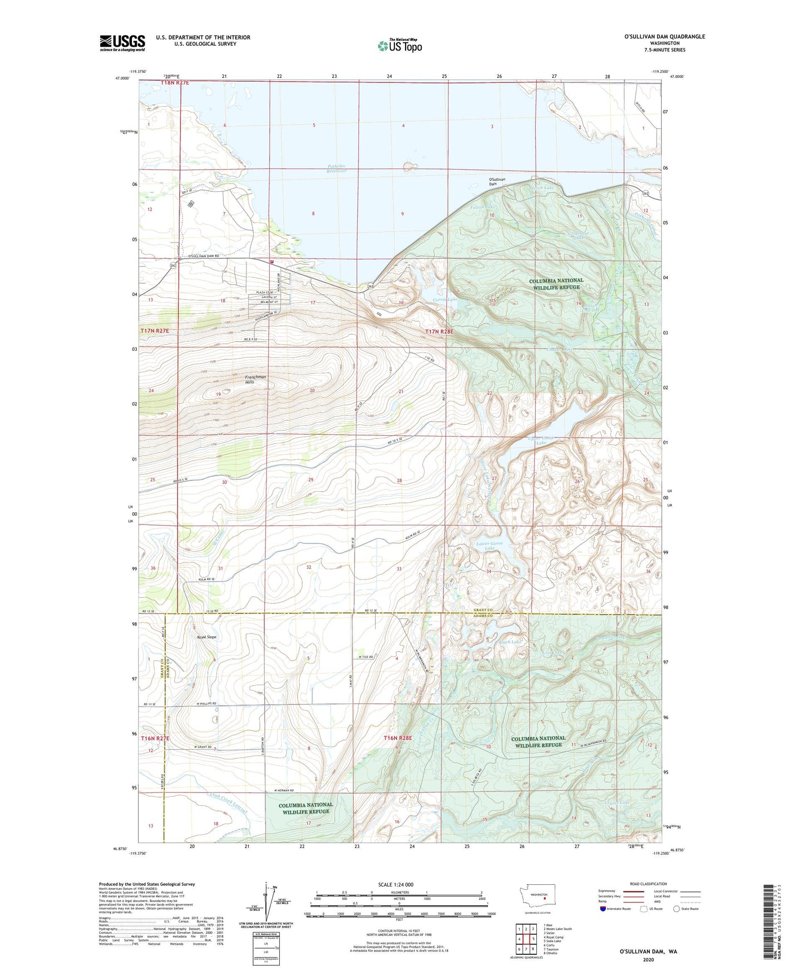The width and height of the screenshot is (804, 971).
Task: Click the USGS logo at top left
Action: click(122, 43)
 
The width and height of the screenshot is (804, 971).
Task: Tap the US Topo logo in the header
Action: click(399, 46)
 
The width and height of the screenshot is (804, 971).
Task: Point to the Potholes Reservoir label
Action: click(337, 169)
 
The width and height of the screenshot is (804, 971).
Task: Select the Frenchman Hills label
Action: click(256, 380)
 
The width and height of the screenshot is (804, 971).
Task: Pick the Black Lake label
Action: click(510, 642)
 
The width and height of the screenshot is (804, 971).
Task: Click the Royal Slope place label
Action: click(206, 637)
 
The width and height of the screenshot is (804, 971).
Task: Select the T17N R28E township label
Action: click(439, 331)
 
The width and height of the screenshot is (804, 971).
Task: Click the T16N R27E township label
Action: click(155, 737)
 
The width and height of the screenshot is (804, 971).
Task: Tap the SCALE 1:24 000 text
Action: click(396, 884)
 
